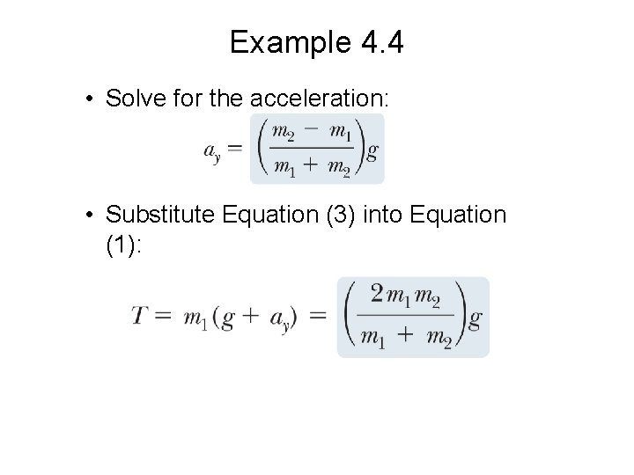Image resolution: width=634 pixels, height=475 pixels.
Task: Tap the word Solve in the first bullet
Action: coord(131,98)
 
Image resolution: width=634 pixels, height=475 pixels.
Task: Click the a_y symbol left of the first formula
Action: coord(212,152)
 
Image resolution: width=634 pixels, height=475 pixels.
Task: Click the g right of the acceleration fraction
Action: coord(372,152)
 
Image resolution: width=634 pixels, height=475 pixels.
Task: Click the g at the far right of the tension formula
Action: coord(475,318)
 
